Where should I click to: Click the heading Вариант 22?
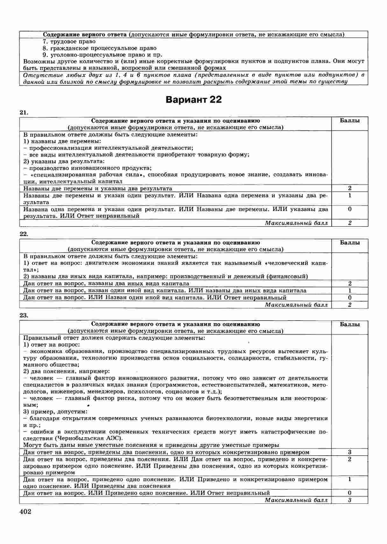click(x=193, y=100)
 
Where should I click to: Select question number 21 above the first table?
click(x=24, y=112)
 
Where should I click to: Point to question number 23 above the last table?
click(x=24, y=316)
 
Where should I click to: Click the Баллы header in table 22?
click(x=350, y=243)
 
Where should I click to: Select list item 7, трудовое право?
click(x=69, y=41)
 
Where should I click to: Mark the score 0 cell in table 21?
click(x=350, y=209)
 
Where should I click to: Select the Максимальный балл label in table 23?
click(x=296, y=500)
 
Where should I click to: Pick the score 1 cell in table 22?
click(x=350, y=290)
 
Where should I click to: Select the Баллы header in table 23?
click(x=350, y=324)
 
